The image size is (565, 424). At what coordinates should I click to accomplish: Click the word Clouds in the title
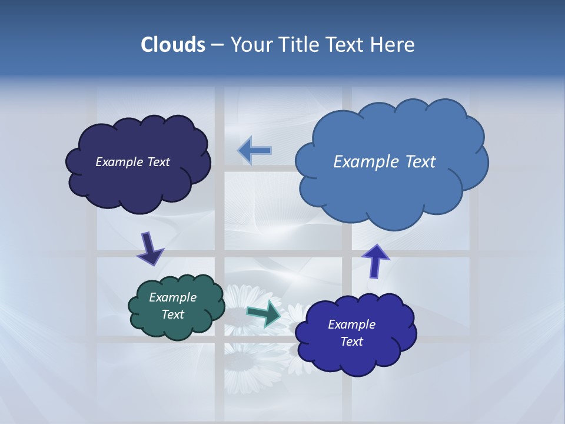[x=172, y=45]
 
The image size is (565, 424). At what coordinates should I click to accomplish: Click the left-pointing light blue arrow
[x=254, y=151]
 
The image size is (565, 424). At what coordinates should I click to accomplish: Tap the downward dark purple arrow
[x=150, y=249]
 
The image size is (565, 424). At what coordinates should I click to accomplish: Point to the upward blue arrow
[x=375, y=260]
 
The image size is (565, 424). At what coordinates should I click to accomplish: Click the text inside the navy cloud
[x=132, y=162]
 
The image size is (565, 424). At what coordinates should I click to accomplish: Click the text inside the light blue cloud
[x=384, y=162]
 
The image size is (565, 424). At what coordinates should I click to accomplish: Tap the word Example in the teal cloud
[x=172, y=297]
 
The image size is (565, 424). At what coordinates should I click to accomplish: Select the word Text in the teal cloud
[x=172, y=314]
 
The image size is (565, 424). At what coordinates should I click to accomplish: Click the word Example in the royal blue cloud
[x=351, y=324]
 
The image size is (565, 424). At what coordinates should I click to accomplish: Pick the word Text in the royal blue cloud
[x=351, y=342]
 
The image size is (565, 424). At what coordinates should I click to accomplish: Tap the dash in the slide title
[x=217, y=45]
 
